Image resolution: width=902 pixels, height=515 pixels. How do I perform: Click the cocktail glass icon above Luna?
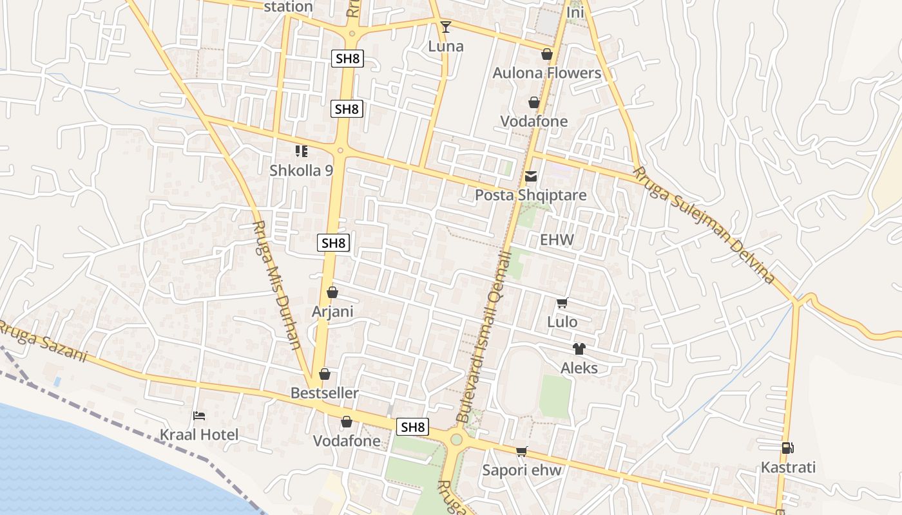(445, 26)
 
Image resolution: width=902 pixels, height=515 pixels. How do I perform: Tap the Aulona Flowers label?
(546, 73)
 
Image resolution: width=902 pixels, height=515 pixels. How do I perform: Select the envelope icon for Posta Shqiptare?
(531, 176)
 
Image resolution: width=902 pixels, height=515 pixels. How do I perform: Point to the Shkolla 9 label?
(301, 171)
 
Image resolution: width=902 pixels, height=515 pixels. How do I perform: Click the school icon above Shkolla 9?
(301, 151)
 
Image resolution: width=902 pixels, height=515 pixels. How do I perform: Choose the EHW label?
(557, 240)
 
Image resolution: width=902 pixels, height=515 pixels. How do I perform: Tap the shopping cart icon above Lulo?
(562, 303)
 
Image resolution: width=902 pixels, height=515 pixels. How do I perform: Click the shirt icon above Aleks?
(579, 349)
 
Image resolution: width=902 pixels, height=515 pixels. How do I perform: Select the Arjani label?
(332, 312)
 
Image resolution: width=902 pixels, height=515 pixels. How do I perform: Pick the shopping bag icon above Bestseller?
(325, 374)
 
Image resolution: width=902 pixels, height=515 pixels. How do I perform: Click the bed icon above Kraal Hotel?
(199, 416)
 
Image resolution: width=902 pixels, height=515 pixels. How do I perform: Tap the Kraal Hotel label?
(199, 435)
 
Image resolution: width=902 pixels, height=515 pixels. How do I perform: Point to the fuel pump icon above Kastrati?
(787, 448)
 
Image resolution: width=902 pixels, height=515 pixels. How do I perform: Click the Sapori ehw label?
(522, 470)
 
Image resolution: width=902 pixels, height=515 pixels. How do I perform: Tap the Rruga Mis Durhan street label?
(278, 285)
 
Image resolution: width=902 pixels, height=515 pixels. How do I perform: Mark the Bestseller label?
(324, 393)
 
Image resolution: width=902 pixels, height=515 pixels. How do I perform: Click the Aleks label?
(579, 368)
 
